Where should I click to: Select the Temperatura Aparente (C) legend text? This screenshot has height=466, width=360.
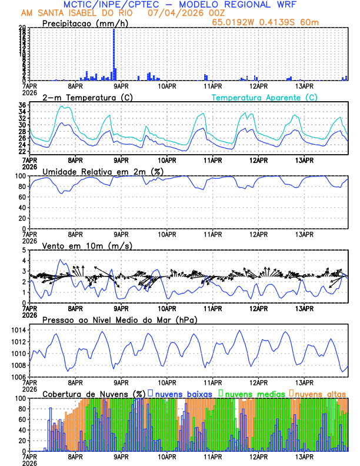265,97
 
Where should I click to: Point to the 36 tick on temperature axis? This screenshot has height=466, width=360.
22,105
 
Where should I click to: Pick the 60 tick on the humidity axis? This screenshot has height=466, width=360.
22,197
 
